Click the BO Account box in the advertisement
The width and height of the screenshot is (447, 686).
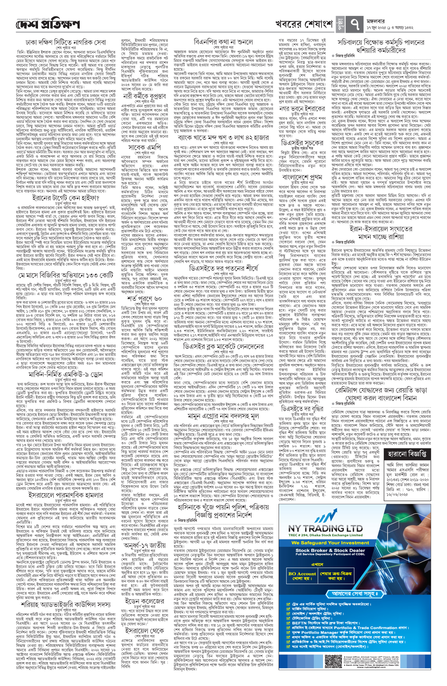tap(302, 565)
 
